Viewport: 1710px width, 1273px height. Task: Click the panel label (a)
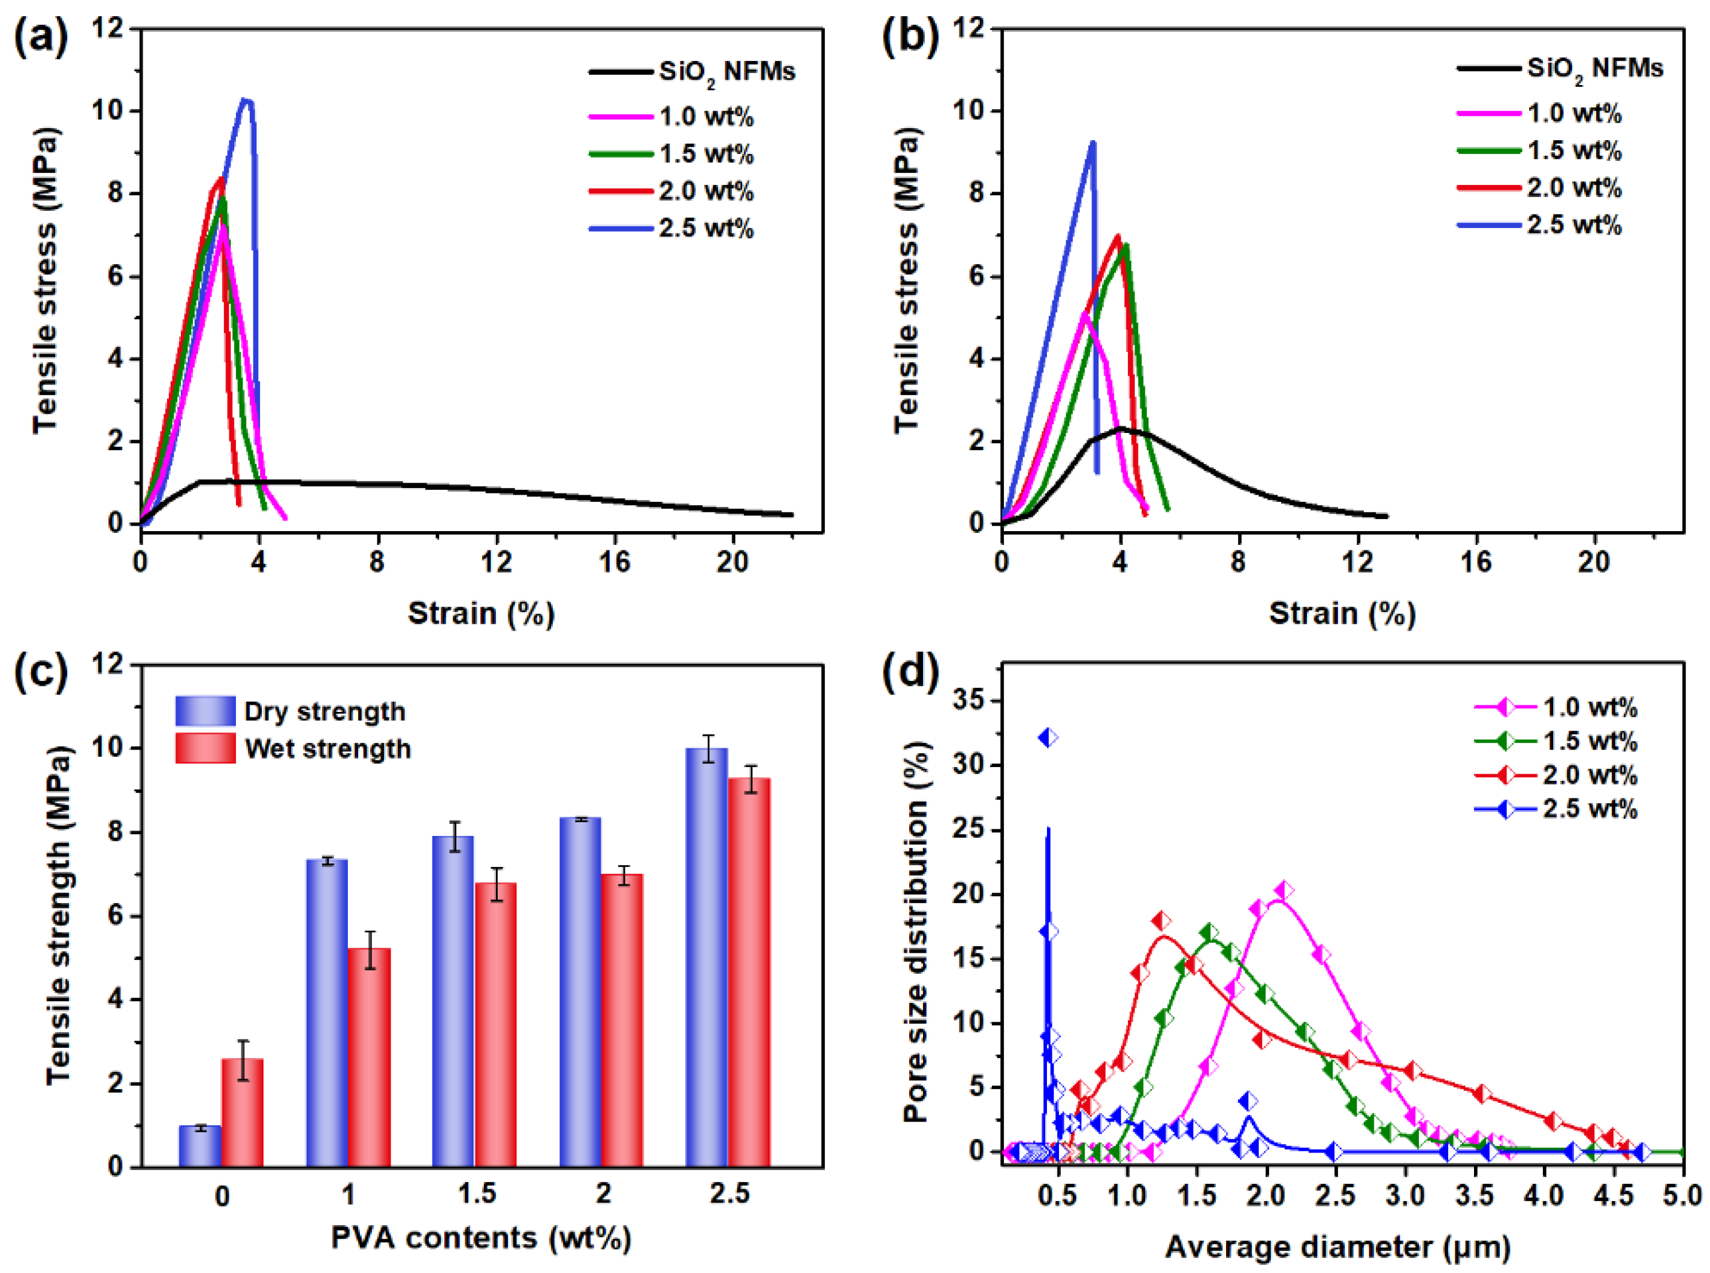point(40,36)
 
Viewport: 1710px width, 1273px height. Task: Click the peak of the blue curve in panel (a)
point(246,100)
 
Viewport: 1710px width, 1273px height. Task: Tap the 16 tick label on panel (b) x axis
point(1475,562)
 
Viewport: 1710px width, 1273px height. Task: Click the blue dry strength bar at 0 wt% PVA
point(199,1147)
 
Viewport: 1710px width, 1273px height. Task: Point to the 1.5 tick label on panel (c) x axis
point(476,1195)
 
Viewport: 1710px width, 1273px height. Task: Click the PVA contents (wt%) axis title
point(481,1238)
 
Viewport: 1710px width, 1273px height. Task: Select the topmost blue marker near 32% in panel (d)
point(1048,738)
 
